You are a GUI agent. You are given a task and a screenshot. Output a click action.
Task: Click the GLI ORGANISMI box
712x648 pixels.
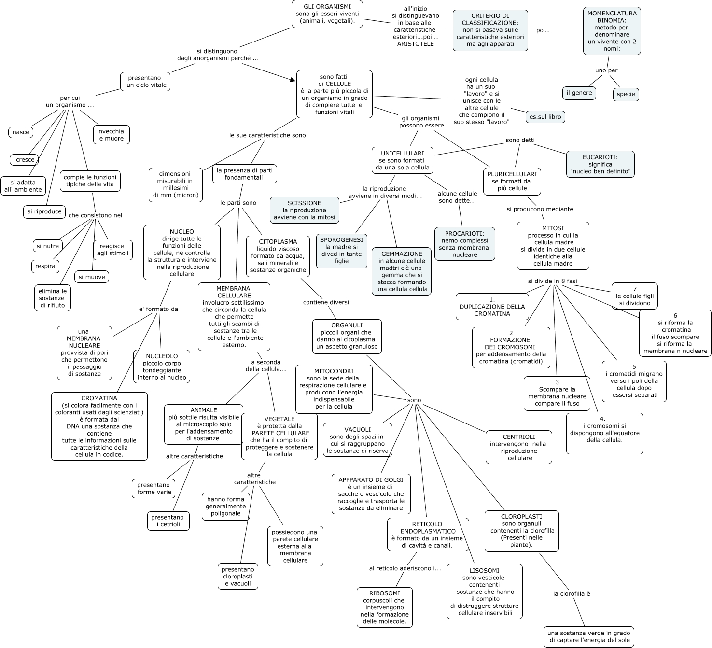coord(327,14)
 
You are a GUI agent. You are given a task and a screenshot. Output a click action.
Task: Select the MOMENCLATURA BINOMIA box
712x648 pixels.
coord(612,31)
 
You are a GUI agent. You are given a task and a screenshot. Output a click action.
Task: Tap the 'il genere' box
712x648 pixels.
coord(579,93)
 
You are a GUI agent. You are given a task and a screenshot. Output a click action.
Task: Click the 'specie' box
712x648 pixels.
coord(626,94)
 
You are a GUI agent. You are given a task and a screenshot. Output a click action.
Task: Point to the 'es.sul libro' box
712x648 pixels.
coord(545,116)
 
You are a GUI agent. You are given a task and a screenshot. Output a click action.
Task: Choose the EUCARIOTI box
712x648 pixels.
coord(600,164)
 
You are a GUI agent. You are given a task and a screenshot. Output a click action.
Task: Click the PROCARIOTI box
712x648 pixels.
coord(464,244)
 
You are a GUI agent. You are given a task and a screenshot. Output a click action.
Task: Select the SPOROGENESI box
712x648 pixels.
coord(341,251)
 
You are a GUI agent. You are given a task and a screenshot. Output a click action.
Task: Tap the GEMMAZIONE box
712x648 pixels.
coord(402,271)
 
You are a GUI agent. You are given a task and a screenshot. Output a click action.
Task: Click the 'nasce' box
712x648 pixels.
coord(21,132)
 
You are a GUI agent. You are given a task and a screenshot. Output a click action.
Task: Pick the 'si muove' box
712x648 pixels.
coord(92,277)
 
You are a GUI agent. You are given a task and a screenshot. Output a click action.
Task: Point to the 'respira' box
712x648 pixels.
coord(45,266)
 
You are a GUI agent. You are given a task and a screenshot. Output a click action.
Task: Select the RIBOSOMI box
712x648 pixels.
coord(384,607)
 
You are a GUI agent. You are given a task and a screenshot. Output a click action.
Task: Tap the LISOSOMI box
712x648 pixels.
coord(484,592)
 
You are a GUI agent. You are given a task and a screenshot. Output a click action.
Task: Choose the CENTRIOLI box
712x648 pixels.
coord(518,447)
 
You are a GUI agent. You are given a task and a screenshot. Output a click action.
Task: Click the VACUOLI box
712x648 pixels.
coord(357,440)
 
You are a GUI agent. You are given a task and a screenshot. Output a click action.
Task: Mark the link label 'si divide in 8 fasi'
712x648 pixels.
coord(552,281)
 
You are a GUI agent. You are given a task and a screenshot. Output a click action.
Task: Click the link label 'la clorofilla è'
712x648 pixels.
coord(572,593)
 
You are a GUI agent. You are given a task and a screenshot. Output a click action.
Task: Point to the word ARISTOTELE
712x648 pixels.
coord(415,44)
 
